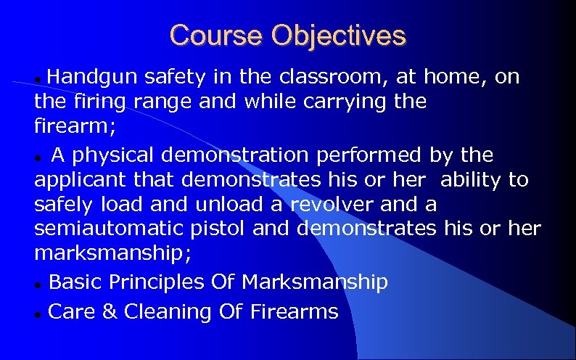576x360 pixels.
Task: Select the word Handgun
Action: point(95,77)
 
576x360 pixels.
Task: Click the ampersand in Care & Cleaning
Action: point(108,312)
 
